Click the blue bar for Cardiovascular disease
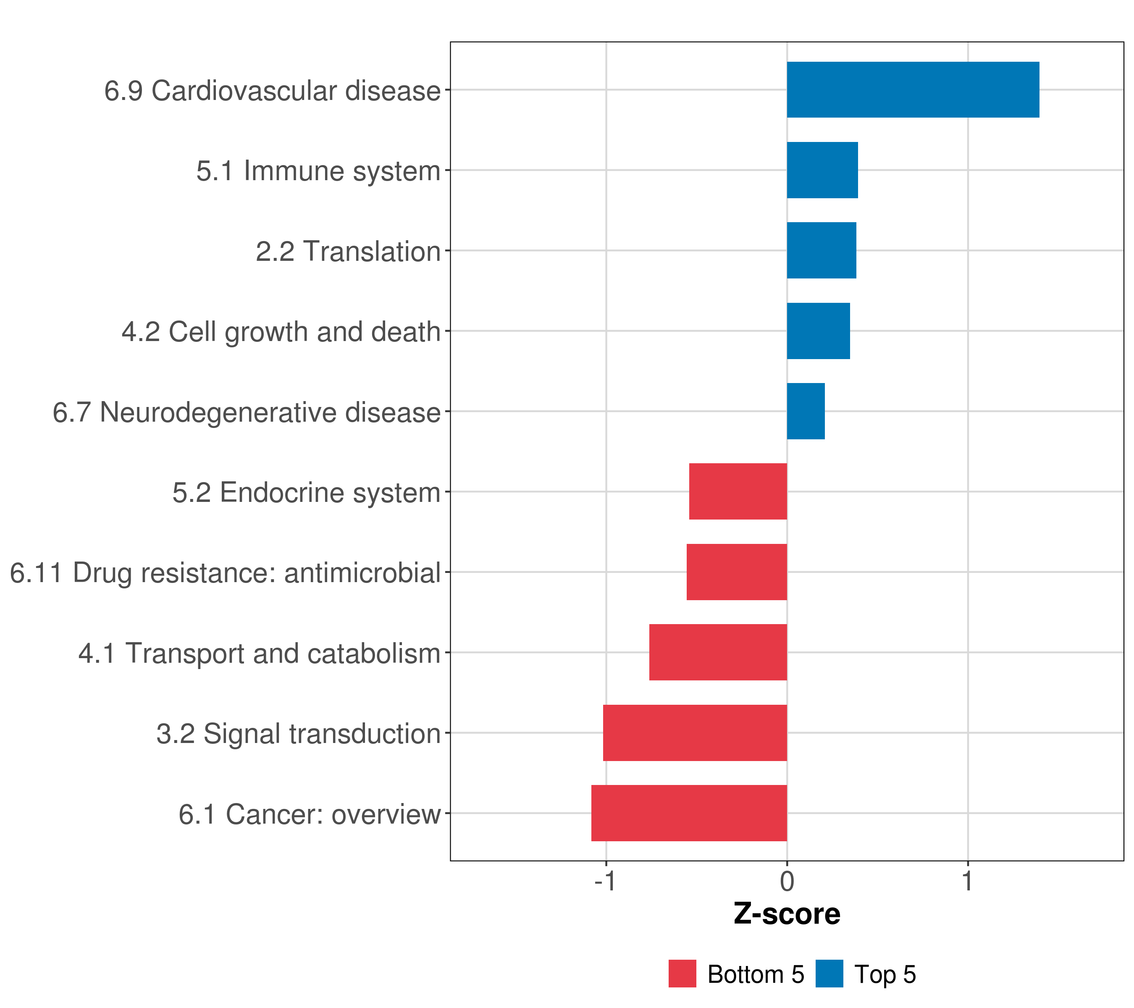tap(913, 90)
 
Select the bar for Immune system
tap(822, 171)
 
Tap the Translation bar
tap(821, 251)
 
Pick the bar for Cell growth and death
tap(818, 331)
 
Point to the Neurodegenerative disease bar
tap(806, 412)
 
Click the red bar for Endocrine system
tap(738, 491)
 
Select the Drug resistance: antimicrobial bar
tap(737, 572)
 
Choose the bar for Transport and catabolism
tap(718, 652)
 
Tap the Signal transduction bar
tap(695, 733)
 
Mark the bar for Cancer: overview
tap(689, 813)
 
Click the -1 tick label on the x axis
tap(605, 881)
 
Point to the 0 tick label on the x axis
tap(787, 881)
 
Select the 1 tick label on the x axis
tap(968, 881)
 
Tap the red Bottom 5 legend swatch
tap(682, 974)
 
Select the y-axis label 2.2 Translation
tap(348, 251)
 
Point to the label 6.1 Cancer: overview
tap(310, 814)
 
